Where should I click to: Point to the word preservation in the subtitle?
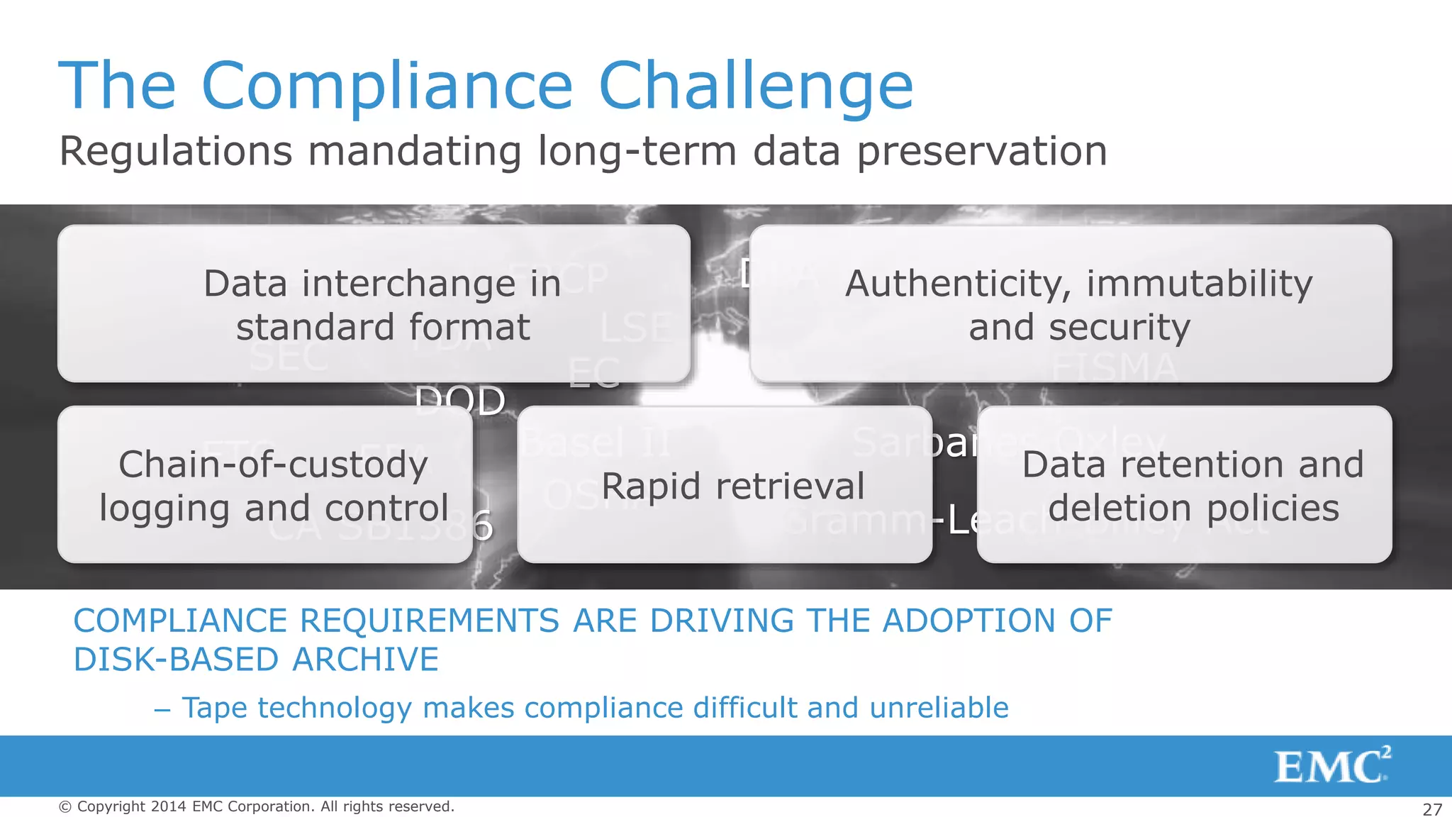(x=982, y=152)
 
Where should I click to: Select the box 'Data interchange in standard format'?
(x=374, y=304)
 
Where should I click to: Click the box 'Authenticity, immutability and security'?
(x=1071, y=304)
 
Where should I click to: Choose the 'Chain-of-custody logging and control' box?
(x=265, y=484)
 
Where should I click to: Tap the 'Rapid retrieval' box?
(x=725, y=484)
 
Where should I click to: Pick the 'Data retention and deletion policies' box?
(x=1184, y=484)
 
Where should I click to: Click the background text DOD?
(x=460, y=399)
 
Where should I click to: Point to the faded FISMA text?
(x=1115, y=367)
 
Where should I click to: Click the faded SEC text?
(x=289, y=357)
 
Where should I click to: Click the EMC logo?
(x=1331, y=765)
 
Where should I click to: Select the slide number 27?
(x=1432, y=809)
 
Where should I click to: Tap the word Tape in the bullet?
(x=214, y=708)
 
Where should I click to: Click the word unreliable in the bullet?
(x=939, y=708)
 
